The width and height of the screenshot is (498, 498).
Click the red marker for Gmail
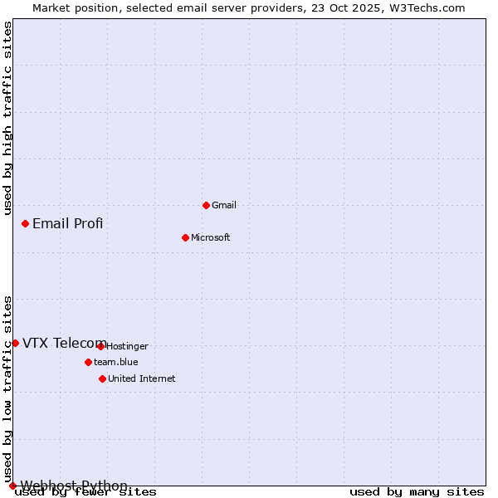coord(206,205)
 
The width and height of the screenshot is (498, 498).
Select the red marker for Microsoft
coord(185,237)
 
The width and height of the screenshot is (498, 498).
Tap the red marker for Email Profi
coord(26,223)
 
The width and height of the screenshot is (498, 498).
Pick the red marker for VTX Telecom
coord(15,343)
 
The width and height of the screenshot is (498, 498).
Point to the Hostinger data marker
coord(100,346)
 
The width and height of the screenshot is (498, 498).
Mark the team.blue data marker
coord(88,362)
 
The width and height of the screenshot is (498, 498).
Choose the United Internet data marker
coord(102,378)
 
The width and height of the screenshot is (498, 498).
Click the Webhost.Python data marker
coord(12,486)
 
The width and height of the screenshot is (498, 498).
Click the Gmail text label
coord(224,205)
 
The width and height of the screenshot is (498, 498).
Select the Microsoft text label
coord(211,237)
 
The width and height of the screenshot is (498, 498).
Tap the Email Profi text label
coord(68,223)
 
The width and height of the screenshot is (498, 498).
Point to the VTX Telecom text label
coord(64,344)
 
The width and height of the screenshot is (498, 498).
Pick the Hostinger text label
coord(127,346)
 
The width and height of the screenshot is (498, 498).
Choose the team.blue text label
coord(116,362)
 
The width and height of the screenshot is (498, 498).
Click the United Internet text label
coord(142,378)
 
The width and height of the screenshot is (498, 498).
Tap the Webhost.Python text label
coord(74,486)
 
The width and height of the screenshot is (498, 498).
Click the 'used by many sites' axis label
coord(417,492)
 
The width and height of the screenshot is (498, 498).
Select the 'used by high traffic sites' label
coord(7,118)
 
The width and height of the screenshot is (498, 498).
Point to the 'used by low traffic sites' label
coord(7,388)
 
